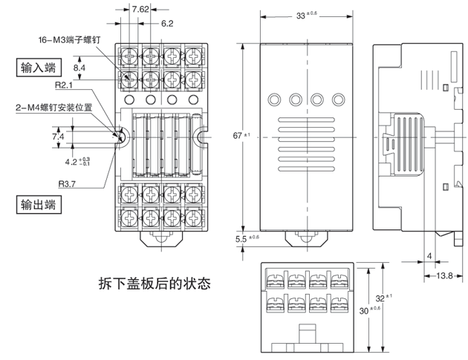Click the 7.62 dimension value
[x=140, y=9]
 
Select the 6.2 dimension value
[x=167, y=23]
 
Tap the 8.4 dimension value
[x=79, y=68]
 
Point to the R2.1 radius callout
[x=64, y=85]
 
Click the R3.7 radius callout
[x=67, y=184]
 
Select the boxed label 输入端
[x=39, y=68]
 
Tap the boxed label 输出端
[x=39, y=205]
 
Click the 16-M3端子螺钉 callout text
[x=69, y=39]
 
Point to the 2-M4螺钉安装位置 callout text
[x=54, y=108]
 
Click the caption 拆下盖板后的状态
[x=155, y=284]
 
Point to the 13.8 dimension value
[x=444, y=275]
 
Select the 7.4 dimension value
[x=58, y=137]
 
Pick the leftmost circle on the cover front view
[x=274, y=99]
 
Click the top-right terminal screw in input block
[x=193, y=56]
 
